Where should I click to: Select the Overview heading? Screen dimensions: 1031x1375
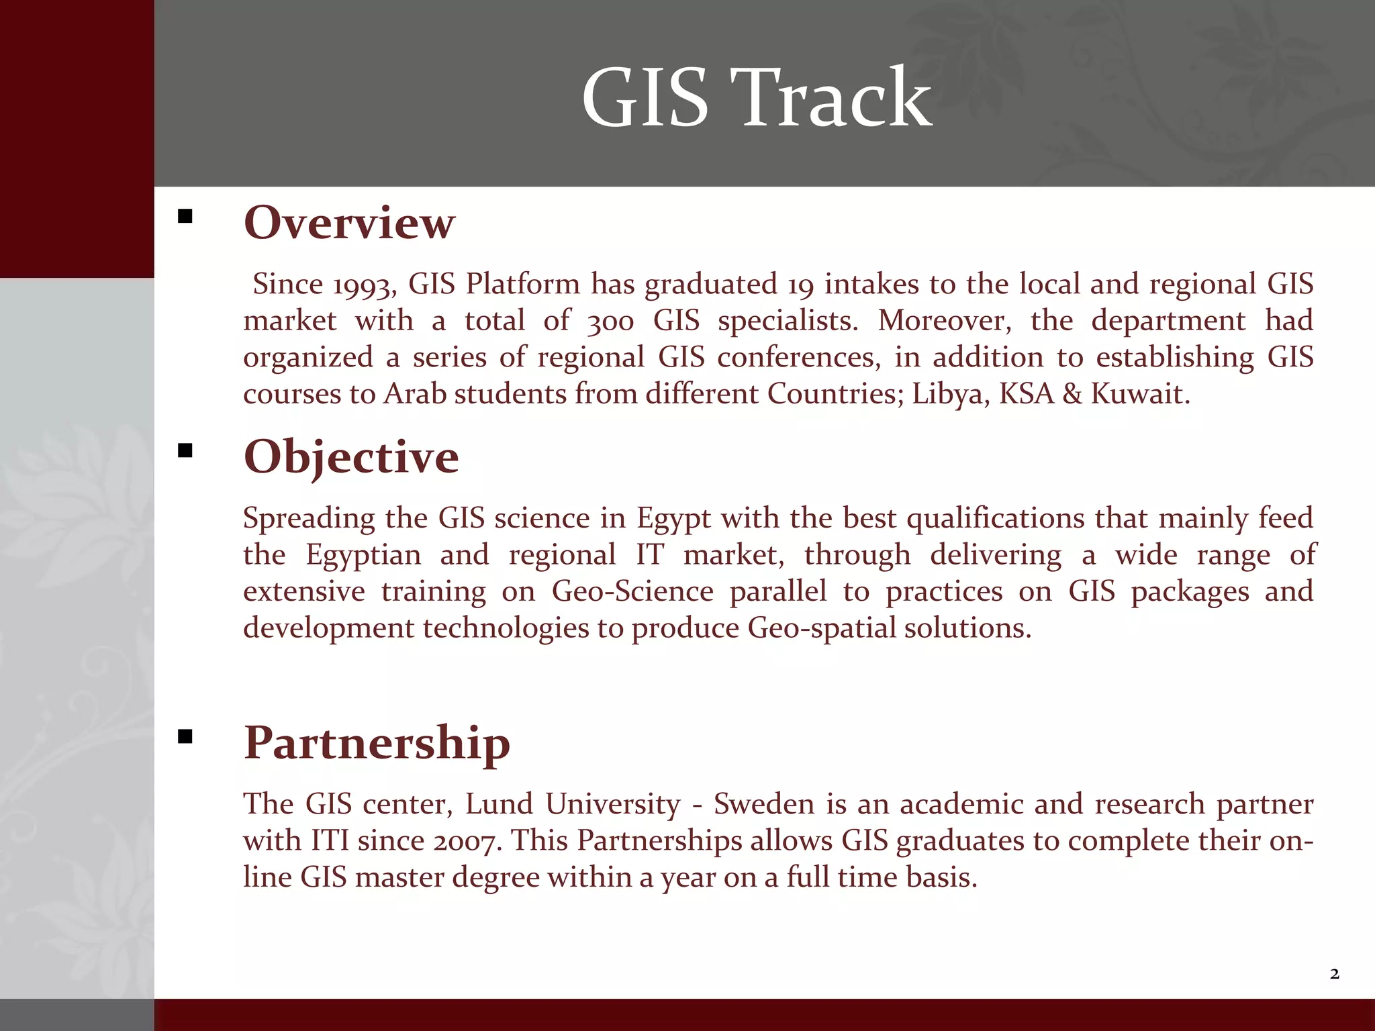pyautogui.click(x=349, y=223)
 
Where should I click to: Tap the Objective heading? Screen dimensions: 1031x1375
pyautogui.click(x=351, y=457)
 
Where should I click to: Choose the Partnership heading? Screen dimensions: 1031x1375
pyautogui.click(x=377, y=743)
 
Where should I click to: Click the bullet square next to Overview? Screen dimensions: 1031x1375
pyautogui.click(x=185, y=216)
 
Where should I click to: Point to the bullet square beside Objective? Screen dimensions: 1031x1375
pyautogui.click(x=185, y=450)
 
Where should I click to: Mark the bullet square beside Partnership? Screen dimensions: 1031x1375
pyautogui.click(x=185, y=737)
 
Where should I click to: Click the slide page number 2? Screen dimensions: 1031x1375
pyautogui.click(x=1334, y=974)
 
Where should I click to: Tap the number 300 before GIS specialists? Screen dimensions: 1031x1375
pyautogui.click(x=610, y=322)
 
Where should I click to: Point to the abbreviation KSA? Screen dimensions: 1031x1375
pyautogui.click(x=1027, y=394)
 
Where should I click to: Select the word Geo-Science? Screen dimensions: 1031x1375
pyautogui.click(x=632, y=592)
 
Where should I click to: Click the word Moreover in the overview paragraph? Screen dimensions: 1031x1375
pyautogui.click(x=944, y=322)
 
